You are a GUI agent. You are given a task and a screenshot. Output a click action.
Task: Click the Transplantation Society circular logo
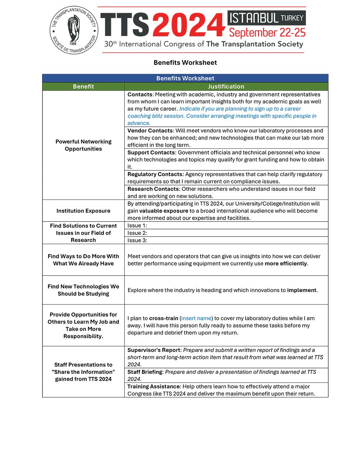[74, 30]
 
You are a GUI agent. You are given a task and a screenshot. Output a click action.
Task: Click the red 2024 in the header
[189, 25]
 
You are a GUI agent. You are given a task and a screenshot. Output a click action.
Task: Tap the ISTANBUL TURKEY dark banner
[266, 18]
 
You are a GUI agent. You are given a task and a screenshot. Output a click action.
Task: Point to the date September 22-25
[267, 33]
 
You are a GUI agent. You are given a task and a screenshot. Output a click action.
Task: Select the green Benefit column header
[83, 86]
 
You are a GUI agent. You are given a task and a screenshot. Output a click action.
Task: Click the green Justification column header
[226, 86]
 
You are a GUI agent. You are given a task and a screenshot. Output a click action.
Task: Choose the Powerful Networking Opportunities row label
[83, 145]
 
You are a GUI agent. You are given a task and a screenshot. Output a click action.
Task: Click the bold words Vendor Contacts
[150, 131]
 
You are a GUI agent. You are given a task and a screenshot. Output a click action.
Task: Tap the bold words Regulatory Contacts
[155, 174]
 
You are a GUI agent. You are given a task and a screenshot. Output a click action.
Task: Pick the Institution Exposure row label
[83, 211]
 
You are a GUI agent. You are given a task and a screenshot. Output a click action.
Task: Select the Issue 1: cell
[226, 225]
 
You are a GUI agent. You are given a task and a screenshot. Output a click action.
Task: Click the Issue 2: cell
[226, 233]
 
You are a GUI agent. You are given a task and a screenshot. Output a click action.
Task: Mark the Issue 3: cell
[226, 240]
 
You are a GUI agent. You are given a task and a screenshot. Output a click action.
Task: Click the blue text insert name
[196, 318]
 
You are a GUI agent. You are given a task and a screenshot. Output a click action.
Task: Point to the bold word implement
[302, 290]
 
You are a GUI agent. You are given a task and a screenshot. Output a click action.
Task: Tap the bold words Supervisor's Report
[154, 350]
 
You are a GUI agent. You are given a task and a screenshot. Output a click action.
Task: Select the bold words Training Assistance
[154, 386]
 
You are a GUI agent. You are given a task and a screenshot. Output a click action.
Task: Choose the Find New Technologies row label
[83, 290]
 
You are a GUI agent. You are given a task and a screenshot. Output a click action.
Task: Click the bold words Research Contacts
[153, 189]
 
